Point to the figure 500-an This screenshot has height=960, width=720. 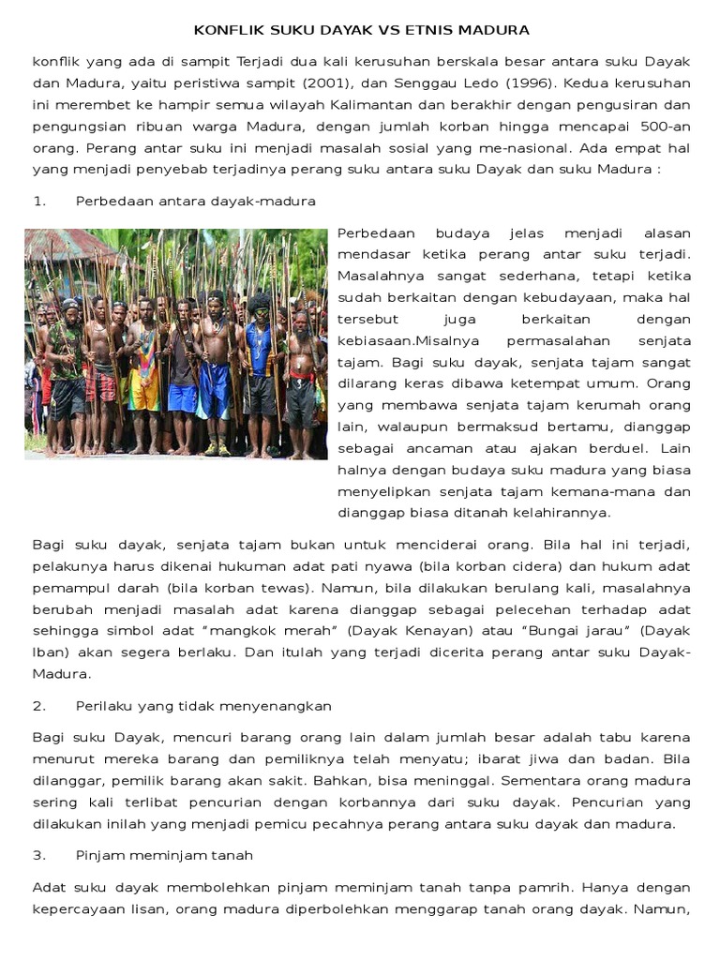(663, 125)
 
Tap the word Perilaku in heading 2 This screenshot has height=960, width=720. (103, 705)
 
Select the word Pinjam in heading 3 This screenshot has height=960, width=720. (98, 855)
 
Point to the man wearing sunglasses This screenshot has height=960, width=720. (215, 306)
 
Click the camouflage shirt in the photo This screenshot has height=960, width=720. (66, 347)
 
